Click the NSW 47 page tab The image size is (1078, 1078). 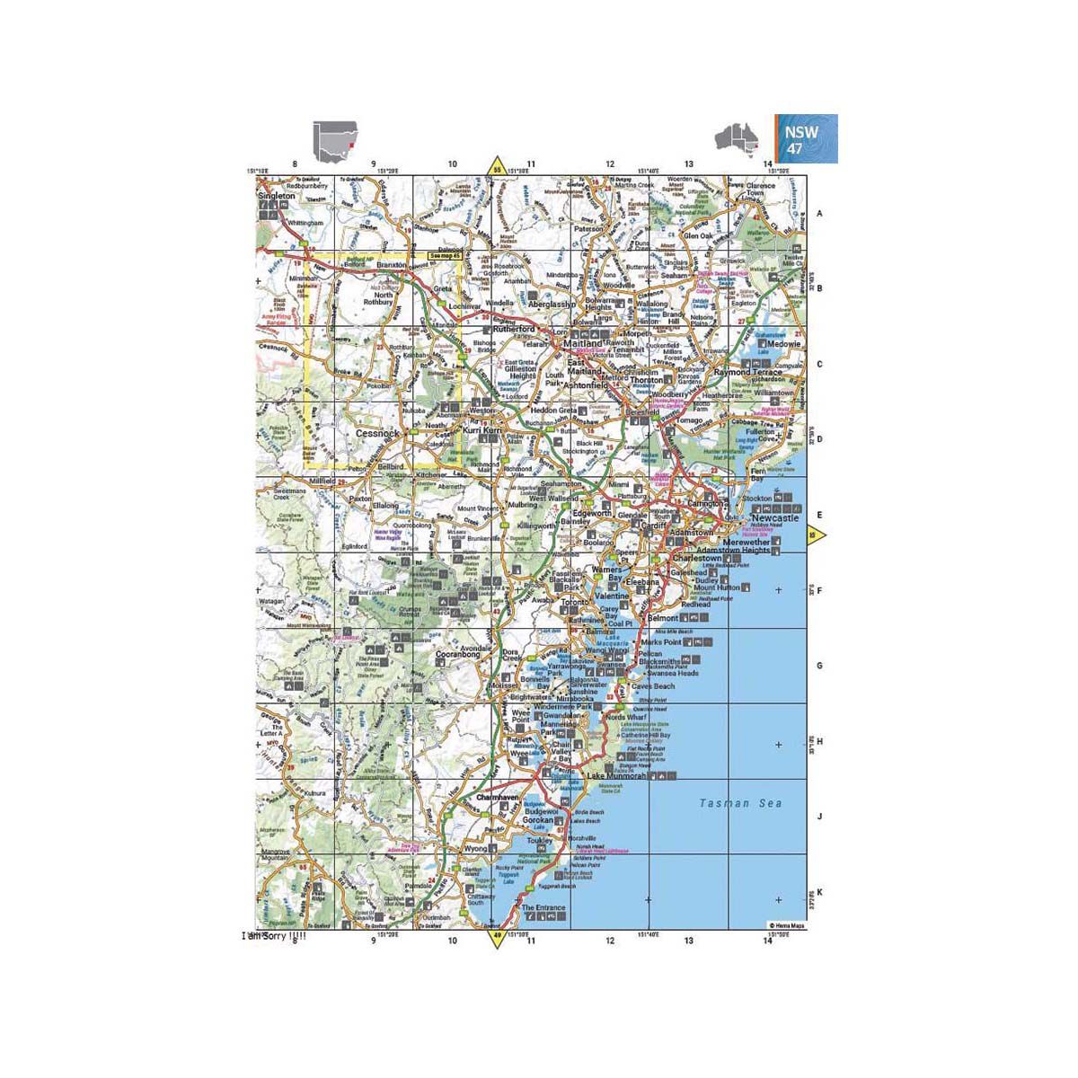tap(807, 139)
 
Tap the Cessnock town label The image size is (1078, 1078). tap(377, 433)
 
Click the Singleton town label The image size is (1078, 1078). tap(276, 196)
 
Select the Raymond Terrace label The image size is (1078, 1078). tap(742, 372)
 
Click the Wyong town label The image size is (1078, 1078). tap(474, 848)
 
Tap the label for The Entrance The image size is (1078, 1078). tap(544, 908)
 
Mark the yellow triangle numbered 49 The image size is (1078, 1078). tap(495, 939)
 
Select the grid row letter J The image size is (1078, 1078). tap(818, 817)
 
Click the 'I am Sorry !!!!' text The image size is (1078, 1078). tap(274, 936)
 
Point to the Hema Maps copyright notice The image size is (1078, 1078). tap(785, 924)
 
